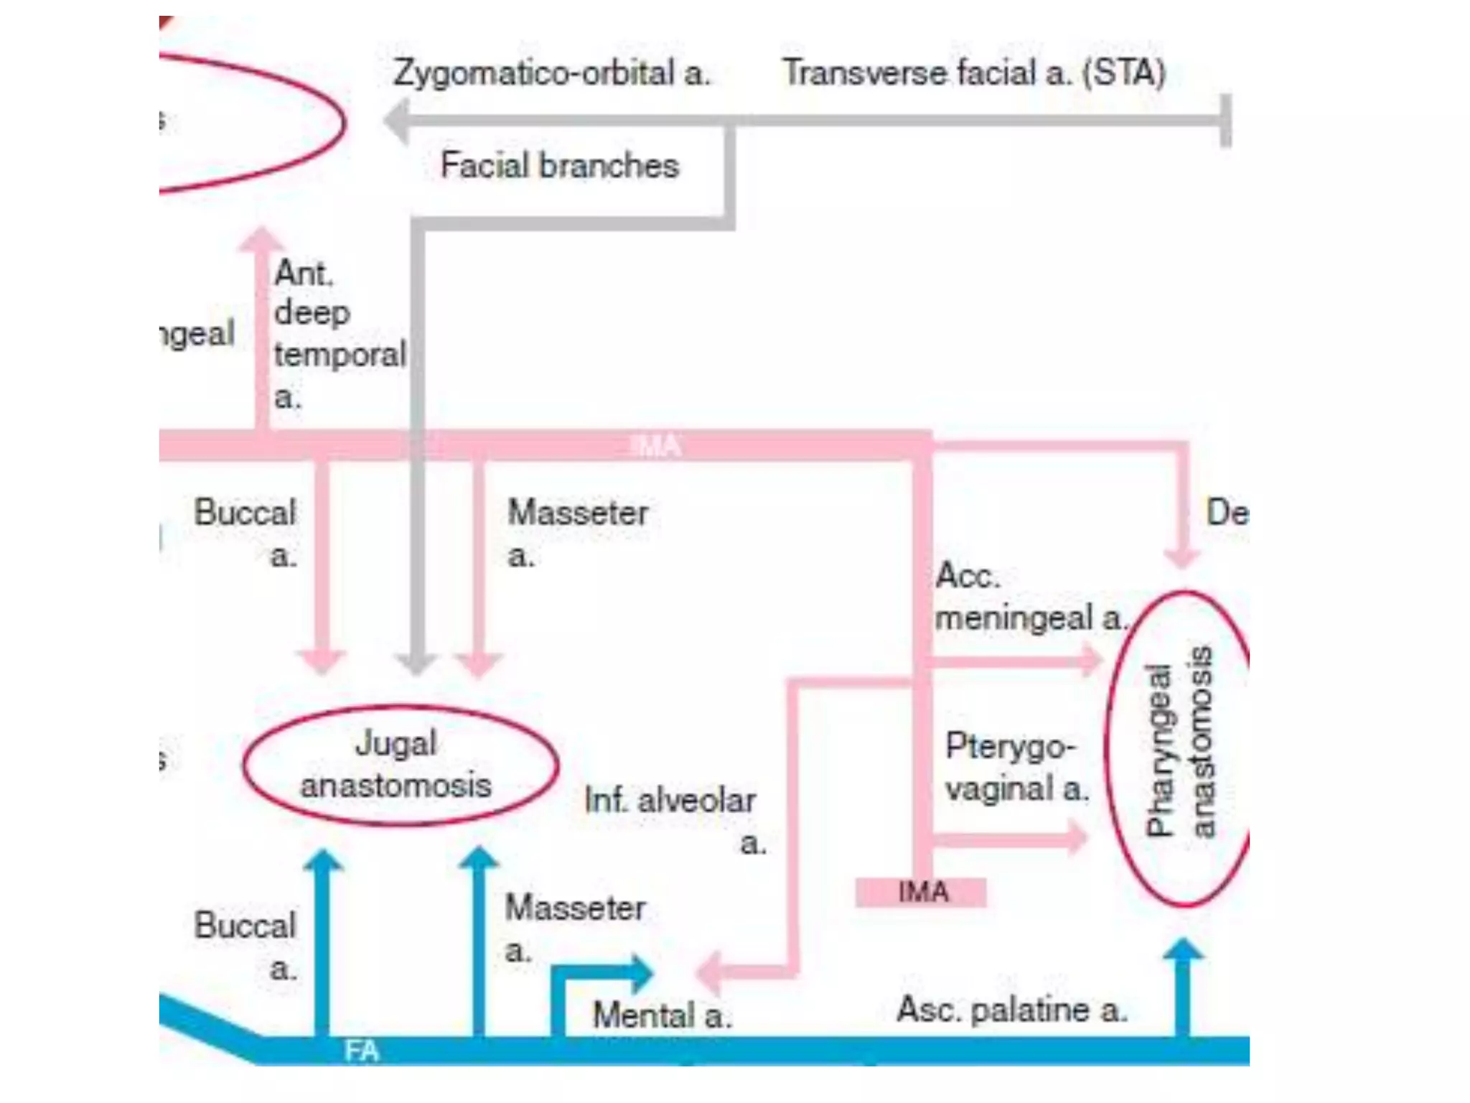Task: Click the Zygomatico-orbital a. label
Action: click(x=551, y=73)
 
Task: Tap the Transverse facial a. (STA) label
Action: click(x=973, y=73)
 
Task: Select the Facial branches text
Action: click(x=559, y=166)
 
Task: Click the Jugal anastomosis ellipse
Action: click(x=400, y=765)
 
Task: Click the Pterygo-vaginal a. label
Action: click(x=1015, y=767)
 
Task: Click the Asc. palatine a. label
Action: click(x=1011, y=1010)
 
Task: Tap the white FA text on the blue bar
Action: click(x=361, y=1051)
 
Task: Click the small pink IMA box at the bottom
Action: click(x=921, y=893)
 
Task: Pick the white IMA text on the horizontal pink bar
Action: click(x=655, y=446)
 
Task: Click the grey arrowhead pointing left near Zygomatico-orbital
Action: click(x=397, y=121)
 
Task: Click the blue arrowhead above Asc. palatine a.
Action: click(x=1183, y=949)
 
